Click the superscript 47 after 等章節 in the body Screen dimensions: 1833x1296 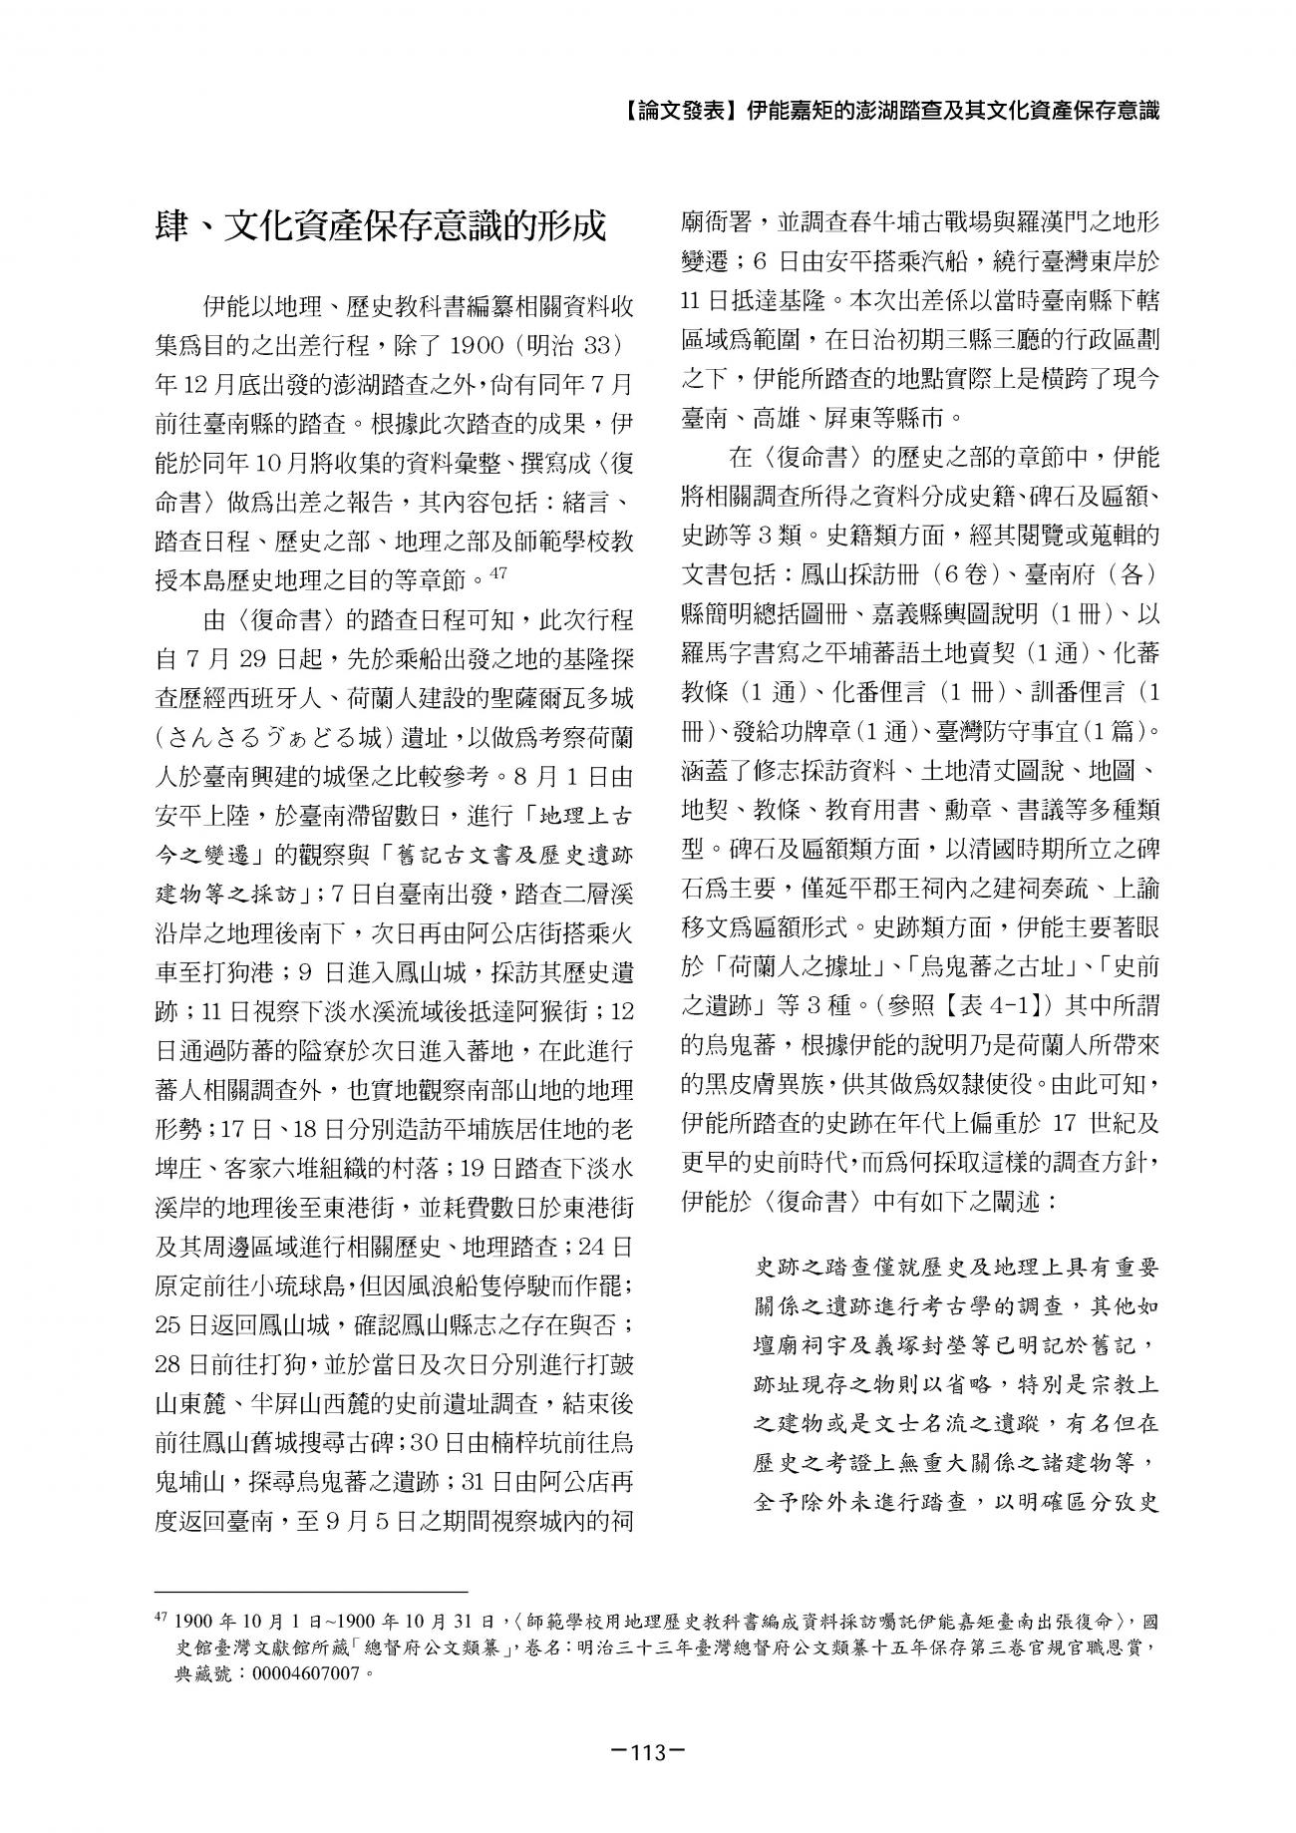pos(500,572)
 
